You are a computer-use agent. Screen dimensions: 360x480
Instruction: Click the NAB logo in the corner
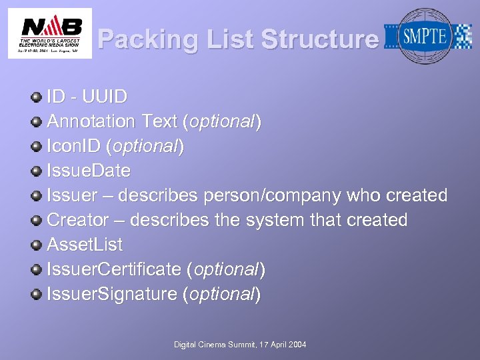pos(50,33)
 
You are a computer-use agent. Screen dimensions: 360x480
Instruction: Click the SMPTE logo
pos(426,36)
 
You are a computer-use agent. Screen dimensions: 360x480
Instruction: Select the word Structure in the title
pos(319,40)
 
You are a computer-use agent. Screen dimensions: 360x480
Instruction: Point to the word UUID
pos(104,97)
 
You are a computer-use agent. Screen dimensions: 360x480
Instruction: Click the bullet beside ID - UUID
pos(37,97)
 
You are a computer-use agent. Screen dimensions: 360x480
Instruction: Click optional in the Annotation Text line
pos(221,121)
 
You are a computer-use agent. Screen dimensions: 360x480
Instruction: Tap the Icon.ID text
pos(74,146)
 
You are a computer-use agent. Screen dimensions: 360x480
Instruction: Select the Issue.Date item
pos(88,171)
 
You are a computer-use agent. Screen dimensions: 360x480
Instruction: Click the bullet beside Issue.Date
pos(37,171)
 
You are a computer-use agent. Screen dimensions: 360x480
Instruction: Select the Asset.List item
pos(85,245)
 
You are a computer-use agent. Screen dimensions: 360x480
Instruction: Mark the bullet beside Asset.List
pos(37,245)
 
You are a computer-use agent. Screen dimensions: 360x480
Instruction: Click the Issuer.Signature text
pos(111,294)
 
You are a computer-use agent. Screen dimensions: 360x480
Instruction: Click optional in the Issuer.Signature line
pos(221,294)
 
